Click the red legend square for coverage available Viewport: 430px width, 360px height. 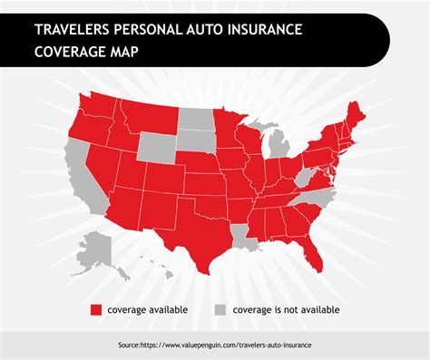pyautogui.click(x=94, y=309)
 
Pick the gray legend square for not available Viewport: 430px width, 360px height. pyautogui.click(x=220, y=309)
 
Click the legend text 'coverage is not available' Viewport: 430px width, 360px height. pyautogui.click(x=285, y=309)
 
